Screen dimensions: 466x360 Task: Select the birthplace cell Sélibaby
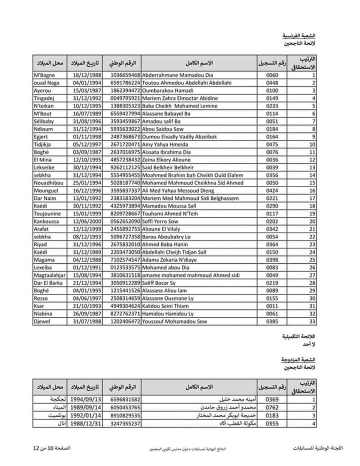45,121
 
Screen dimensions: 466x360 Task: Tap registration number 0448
272,82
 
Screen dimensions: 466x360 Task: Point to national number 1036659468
125,75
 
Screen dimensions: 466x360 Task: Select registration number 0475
272,144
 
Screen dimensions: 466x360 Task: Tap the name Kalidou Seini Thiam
168,306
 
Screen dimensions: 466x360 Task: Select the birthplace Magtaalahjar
49,275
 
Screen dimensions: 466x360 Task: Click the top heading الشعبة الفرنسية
299,36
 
